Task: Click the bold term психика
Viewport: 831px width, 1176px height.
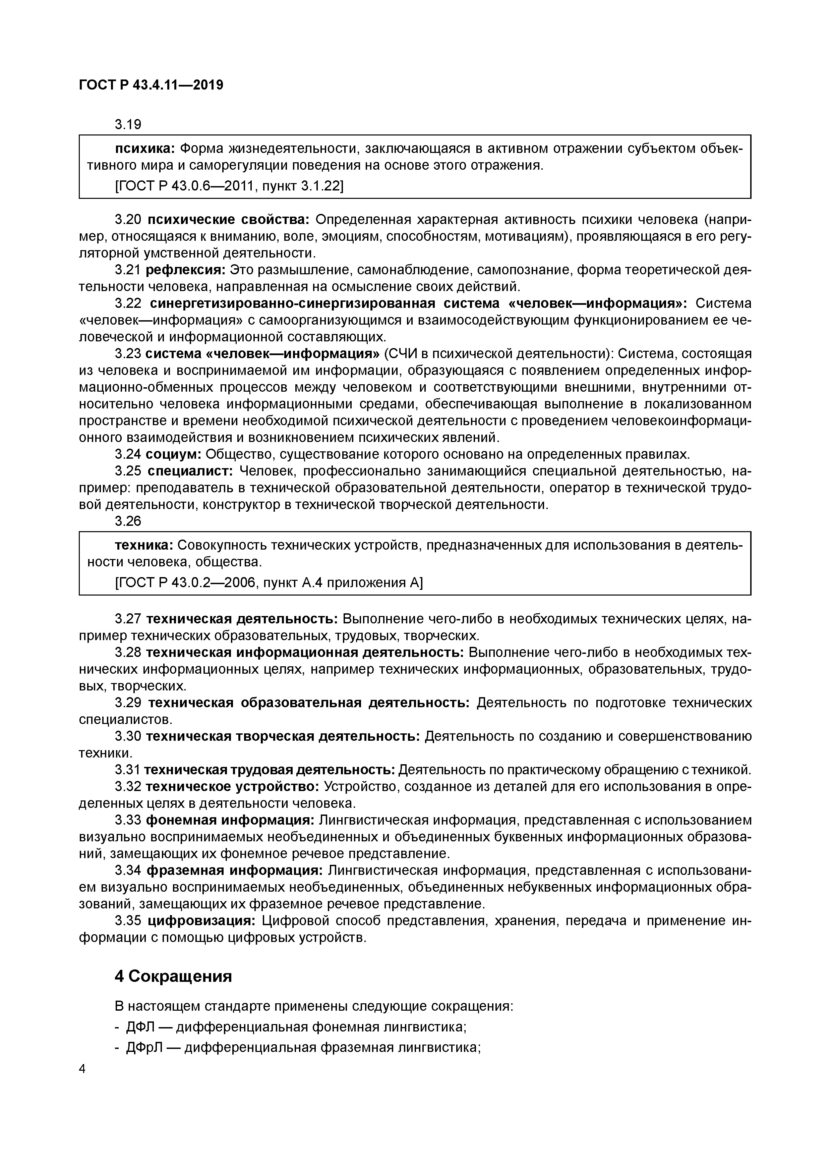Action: click(x=145, y=149)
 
